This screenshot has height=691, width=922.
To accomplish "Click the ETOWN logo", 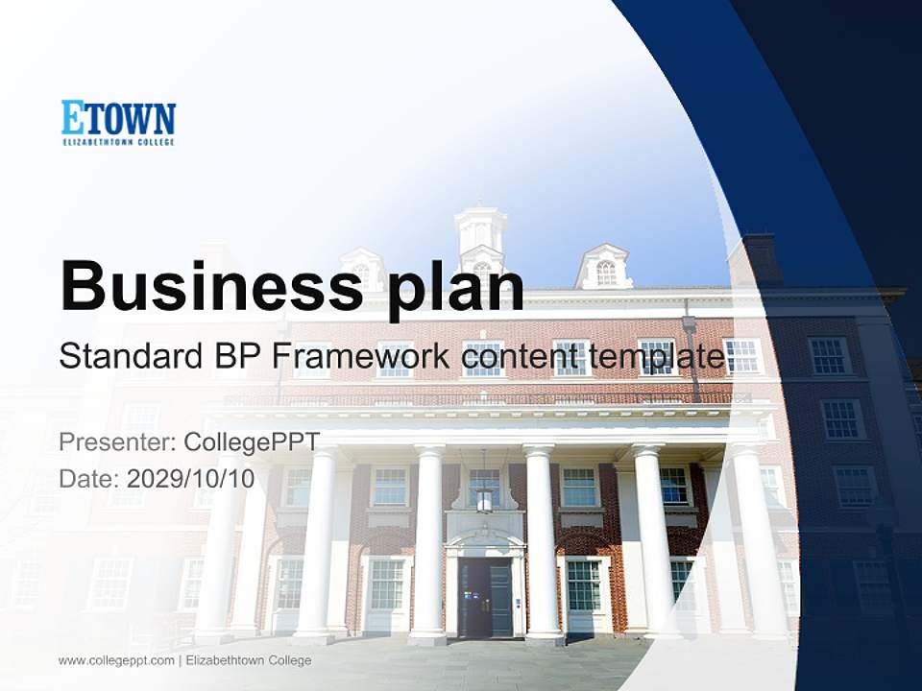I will click(118, 122).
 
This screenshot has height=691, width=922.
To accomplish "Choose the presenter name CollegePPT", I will click(252, 442).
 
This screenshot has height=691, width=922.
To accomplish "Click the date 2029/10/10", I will click(190, 478).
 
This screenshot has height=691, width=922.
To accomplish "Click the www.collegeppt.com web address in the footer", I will click(116, 660).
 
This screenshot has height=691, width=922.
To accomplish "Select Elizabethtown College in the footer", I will click(248, 660).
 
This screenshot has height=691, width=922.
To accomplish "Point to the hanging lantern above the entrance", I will click(484, 497).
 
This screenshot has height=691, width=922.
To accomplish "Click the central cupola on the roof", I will click(480, 235).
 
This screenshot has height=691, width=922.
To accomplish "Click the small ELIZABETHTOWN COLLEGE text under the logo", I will click(118, 142).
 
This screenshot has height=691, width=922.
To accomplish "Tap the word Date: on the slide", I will click(89, 478).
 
